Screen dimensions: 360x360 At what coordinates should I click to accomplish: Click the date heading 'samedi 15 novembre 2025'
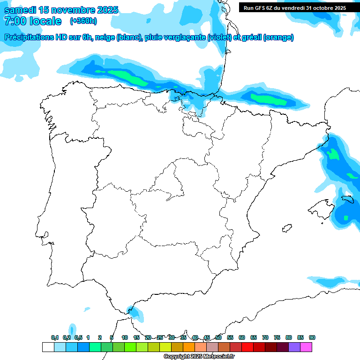pos(61,10)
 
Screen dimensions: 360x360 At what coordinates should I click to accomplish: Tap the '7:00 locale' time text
pos(32,21)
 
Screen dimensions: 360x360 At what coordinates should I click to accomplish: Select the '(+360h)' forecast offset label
pos(83,21)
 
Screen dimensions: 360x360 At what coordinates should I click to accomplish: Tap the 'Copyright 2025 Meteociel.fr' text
pos(205,357)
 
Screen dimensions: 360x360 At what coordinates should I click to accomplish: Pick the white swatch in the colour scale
pos(48,347)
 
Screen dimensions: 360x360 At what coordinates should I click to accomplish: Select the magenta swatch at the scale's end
pos(307,347)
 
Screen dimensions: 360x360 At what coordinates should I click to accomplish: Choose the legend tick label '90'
pos(312,338)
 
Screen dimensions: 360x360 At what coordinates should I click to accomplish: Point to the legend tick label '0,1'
pos(55,338)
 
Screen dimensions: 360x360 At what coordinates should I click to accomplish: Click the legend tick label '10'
pos(125,338)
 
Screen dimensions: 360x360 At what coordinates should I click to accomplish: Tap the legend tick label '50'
pos(218,338)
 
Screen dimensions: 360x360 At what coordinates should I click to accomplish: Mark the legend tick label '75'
pos(277,338)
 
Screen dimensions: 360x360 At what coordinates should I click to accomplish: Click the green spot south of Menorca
pos(346,217)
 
